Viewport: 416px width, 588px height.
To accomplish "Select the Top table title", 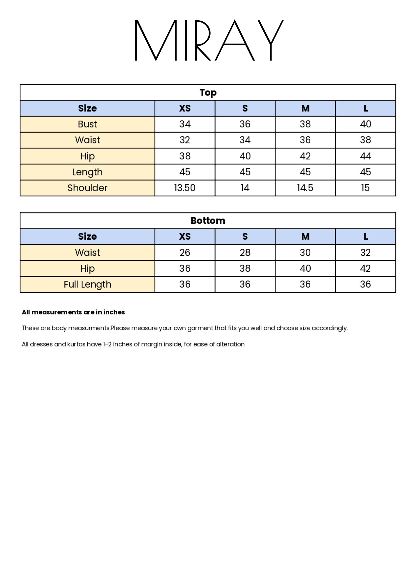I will [x=208, y=93].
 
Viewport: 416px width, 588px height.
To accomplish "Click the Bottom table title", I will [x=208, y=221].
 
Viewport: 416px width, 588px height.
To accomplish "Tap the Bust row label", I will [x=87, y=124].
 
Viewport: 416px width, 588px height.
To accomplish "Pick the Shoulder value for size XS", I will [x=185, y=188].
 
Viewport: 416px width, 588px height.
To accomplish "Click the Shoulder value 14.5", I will [x=305, y=188].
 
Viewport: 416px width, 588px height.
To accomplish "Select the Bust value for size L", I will [x=365, y=124].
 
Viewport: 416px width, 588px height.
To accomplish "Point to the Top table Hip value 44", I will [x=365, y=156].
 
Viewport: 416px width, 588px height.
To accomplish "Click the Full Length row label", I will [x=87, y=285].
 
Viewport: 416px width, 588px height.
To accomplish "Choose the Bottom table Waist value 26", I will [x=185, y=253].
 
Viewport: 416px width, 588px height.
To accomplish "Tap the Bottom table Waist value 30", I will [x=305, y=253].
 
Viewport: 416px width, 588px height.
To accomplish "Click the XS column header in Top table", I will [x=185, y=108].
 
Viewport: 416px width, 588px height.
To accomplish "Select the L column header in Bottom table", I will [x=365, y=237].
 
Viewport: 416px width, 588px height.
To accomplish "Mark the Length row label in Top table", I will [x=87, y=172].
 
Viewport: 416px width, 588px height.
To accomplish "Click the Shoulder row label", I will [x=87, y=188].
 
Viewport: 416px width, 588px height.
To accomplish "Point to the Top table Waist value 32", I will [x=185, y=140].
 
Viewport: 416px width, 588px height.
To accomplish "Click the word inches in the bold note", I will [x=114, y=312].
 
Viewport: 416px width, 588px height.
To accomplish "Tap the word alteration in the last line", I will [x=230, y=344].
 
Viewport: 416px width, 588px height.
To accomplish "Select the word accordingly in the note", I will [x=330, y=328].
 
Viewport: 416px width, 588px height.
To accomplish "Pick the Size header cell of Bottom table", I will [x=87, y=237].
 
